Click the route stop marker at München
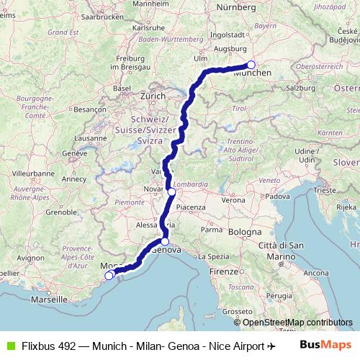(251, 65)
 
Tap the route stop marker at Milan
(172, 192)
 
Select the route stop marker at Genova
(165, 242)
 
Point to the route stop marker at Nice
(109, 275)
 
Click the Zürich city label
(153, 95)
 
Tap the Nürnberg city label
(235, 6)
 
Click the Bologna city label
(245, 233)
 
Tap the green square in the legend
(10, 346)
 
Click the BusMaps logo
(325, 345)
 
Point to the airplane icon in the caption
(271, 346)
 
